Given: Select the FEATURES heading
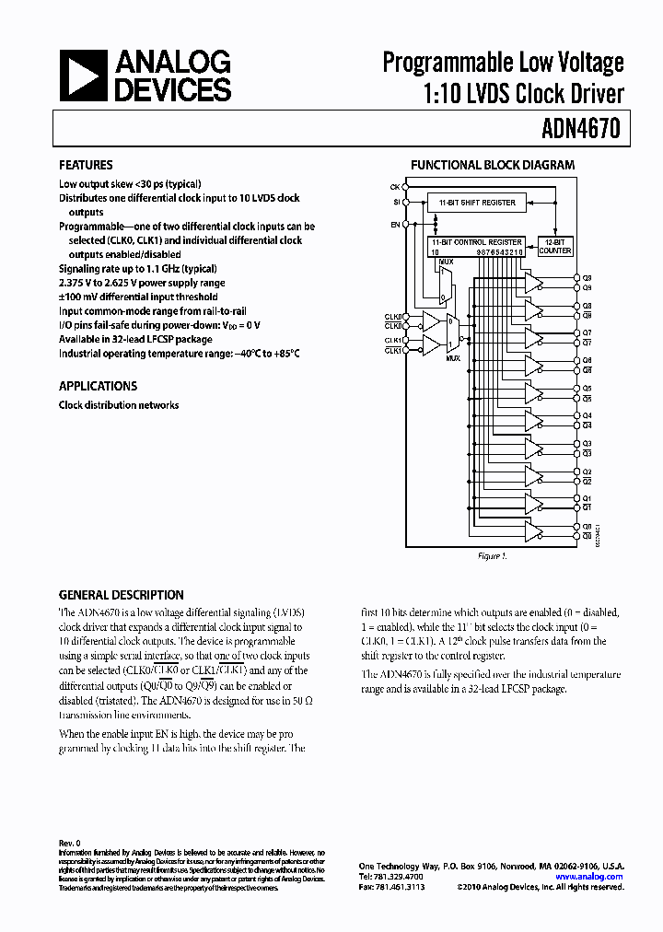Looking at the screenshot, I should (x=86, y=166).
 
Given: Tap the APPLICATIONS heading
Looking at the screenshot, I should (x=98, y=387).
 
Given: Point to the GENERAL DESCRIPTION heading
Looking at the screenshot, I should (x=121, y=595).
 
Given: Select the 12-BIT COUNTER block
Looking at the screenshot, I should (x=555, y=246).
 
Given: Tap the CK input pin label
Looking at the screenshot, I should (x=394, y=187).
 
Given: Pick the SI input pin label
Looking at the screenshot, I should (x=395, y=204).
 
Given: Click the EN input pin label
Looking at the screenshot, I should (x=395, y=224).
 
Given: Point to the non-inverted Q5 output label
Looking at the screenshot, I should (x=587, y=388).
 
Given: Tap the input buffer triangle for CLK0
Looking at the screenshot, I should (x=429, y=321).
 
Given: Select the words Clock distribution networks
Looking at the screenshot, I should (x=119, y=405).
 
